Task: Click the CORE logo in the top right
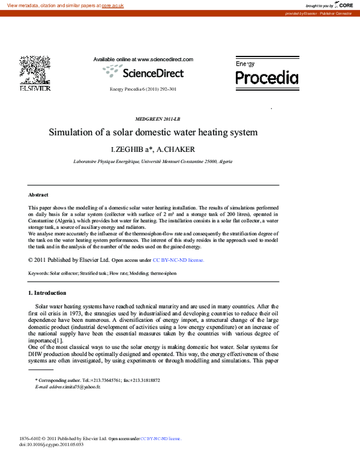(x=343, y=5)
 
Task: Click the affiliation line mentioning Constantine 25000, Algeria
(x=153, y=162)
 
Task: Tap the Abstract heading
(x=38, y=195)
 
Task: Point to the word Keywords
(x=39, y=273)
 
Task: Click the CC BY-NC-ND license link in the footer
(x=161, y=439)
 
